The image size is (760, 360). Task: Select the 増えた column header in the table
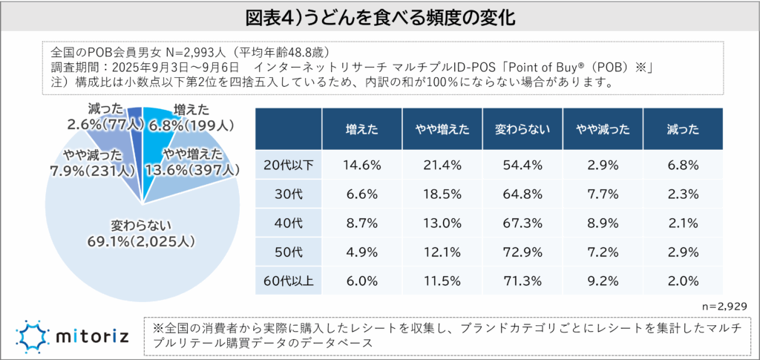362,128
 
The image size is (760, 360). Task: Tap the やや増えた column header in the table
442,128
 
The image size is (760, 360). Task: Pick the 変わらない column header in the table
522,128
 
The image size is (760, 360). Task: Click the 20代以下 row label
288,164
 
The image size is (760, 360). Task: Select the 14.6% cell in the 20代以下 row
362,164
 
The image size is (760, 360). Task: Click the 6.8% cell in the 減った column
683,164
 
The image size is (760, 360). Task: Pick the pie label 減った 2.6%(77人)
103,117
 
